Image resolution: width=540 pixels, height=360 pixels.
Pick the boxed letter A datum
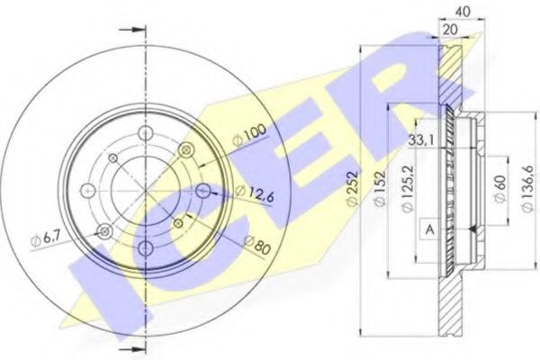[x=430, y=231]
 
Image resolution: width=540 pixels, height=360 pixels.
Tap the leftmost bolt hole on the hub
[x=88, y=191]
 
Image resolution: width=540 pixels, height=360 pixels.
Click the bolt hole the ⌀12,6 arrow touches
[x=203, y=191]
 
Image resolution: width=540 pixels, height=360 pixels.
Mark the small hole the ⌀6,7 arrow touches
[x=104, y=232]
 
